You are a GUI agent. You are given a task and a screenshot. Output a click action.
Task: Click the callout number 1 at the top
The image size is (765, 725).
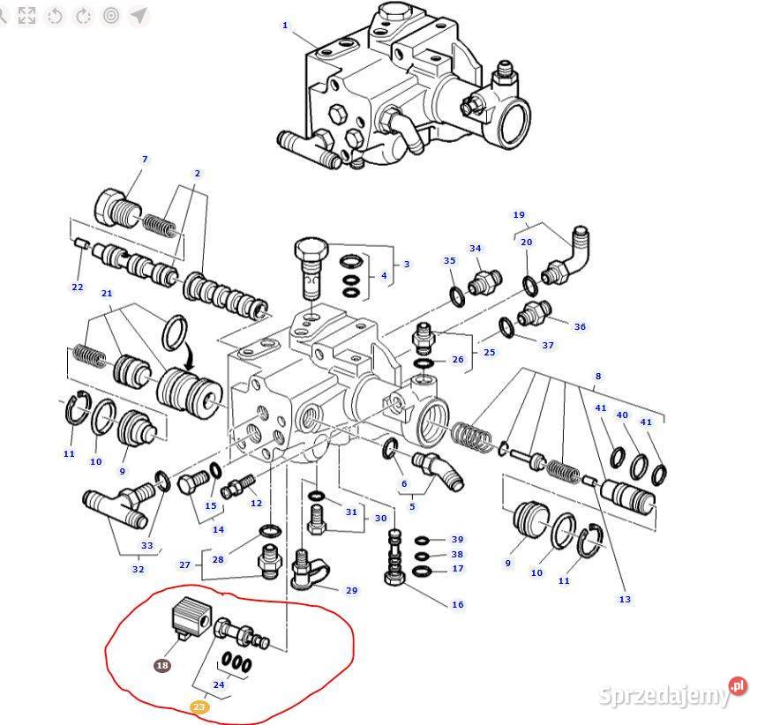point(285,26)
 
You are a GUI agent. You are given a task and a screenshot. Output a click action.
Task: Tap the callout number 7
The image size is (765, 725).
point(145,160)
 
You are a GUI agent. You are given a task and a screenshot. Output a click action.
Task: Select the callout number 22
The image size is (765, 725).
point(78,288)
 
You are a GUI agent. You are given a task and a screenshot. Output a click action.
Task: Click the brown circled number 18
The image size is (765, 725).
point(162,666)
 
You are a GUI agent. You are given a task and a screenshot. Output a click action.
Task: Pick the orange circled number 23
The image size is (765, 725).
point(199,706)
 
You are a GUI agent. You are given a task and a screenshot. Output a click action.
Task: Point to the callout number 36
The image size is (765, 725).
point(580,327)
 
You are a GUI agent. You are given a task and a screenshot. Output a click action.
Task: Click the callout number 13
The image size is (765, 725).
point(625,600)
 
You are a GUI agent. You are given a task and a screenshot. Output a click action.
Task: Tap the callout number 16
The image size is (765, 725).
point(458,605)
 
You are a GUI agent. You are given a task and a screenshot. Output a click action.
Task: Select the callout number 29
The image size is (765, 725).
point(351,591)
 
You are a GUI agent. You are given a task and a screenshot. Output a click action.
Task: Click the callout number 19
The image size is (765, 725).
point(519,215)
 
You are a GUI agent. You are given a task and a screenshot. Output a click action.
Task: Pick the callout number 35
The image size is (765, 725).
point(449,261)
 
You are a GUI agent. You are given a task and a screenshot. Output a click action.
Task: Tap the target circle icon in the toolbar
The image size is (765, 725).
point(110,15)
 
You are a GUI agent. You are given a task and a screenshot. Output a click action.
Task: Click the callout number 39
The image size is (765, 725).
point(457,540)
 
